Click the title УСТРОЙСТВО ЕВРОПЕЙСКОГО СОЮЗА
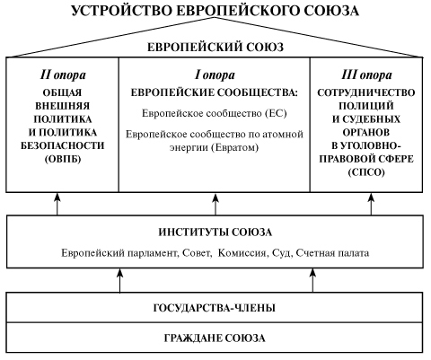point(215,11)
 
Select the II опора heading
point(62,71)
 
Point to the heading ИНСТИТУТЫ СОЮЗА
point(215,233)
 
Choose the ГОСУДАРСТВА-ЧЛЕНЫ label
point(215,308)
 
